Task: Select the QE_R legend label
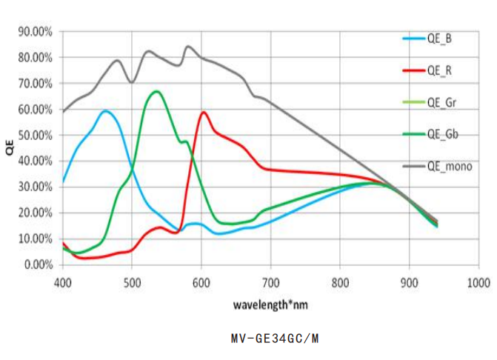[x=440, y=71]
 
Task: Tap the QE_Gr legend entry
[x=441, y=103]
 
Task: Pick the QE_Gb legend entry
[x=441, y=134]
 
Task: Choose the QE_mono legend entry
[x=448, y=166]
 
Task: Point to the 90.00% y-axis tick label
[x=35, y=32]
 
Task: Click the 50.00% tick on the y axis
[x=35, y=136]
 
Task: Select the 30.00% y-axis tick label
[x=35, y=187]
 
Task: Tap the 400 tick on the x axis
[x=63, y=282]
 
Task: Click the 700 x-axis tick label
[x=271, y=282]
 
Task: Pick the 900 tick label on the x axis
[x=410, y=282]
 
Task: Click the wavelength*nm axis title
[x=270, y=304]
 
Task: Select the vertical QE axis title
[x=10, y=148]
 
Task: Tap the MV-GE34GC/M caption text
[x=274, y=339]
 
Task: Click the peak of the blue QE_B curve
[x=105, y=111]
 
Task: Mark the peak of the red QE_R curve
[x=203, y=112]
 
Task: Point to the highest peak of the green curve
[x=156, y=91]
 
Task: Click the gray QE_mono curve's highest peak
[x=187, y=46]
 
